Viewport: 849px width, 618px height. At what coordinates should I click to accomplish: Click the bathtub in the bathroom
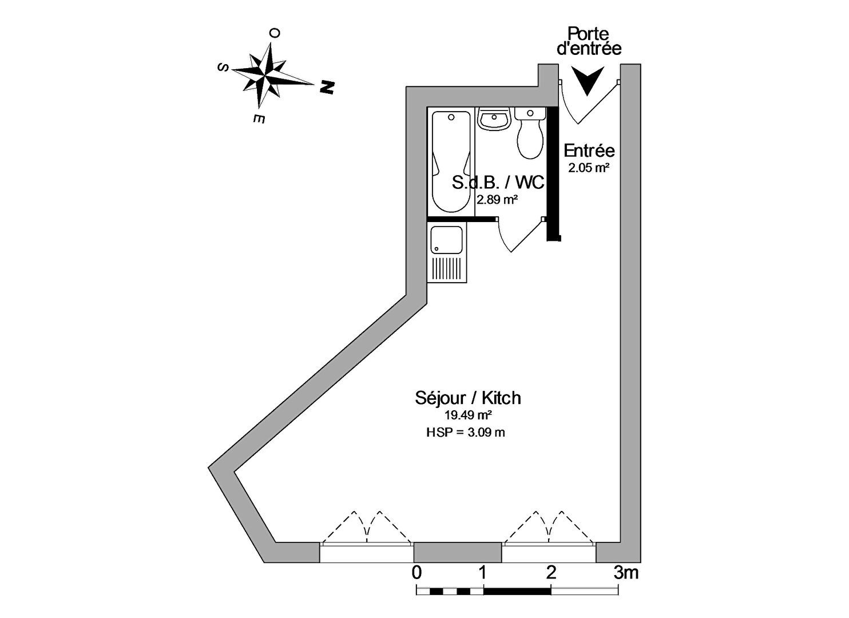coord(451,162)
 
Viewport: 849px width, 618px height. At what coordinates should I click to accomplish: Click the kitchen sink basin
coord(446,240)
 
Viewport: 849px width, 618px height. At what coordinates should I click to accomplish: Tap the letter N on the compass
coord(327,87)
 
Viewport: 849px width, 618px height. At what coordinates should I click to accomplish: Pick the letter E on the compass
coord(259,119)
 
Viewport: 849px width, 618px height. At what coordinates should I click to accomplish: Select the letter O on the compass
coord(275,33)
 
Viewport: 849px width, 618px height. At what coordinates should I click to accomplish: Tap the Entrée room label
coord(589,151)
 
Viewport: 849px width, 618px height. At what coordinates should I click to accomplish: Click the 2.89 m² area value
coord(497,200)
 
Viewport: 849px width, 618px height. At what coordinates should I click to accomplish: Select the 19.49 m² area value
coord(469,415)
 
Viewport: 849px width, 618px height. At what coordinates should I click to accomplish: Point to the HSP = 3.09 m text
coord(466,433)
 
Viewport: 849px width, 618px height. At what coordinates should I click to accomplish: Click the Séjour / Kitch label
coord(468,398)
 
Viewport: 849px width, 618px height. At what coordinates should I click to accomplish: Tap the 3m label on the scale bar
coord(626,572)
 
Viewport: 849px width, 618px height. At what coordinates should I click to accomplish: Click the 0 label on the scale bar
coord(416,572)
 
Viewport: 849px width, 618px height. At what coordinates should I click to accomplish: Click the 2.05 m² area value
coord(589,168)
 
